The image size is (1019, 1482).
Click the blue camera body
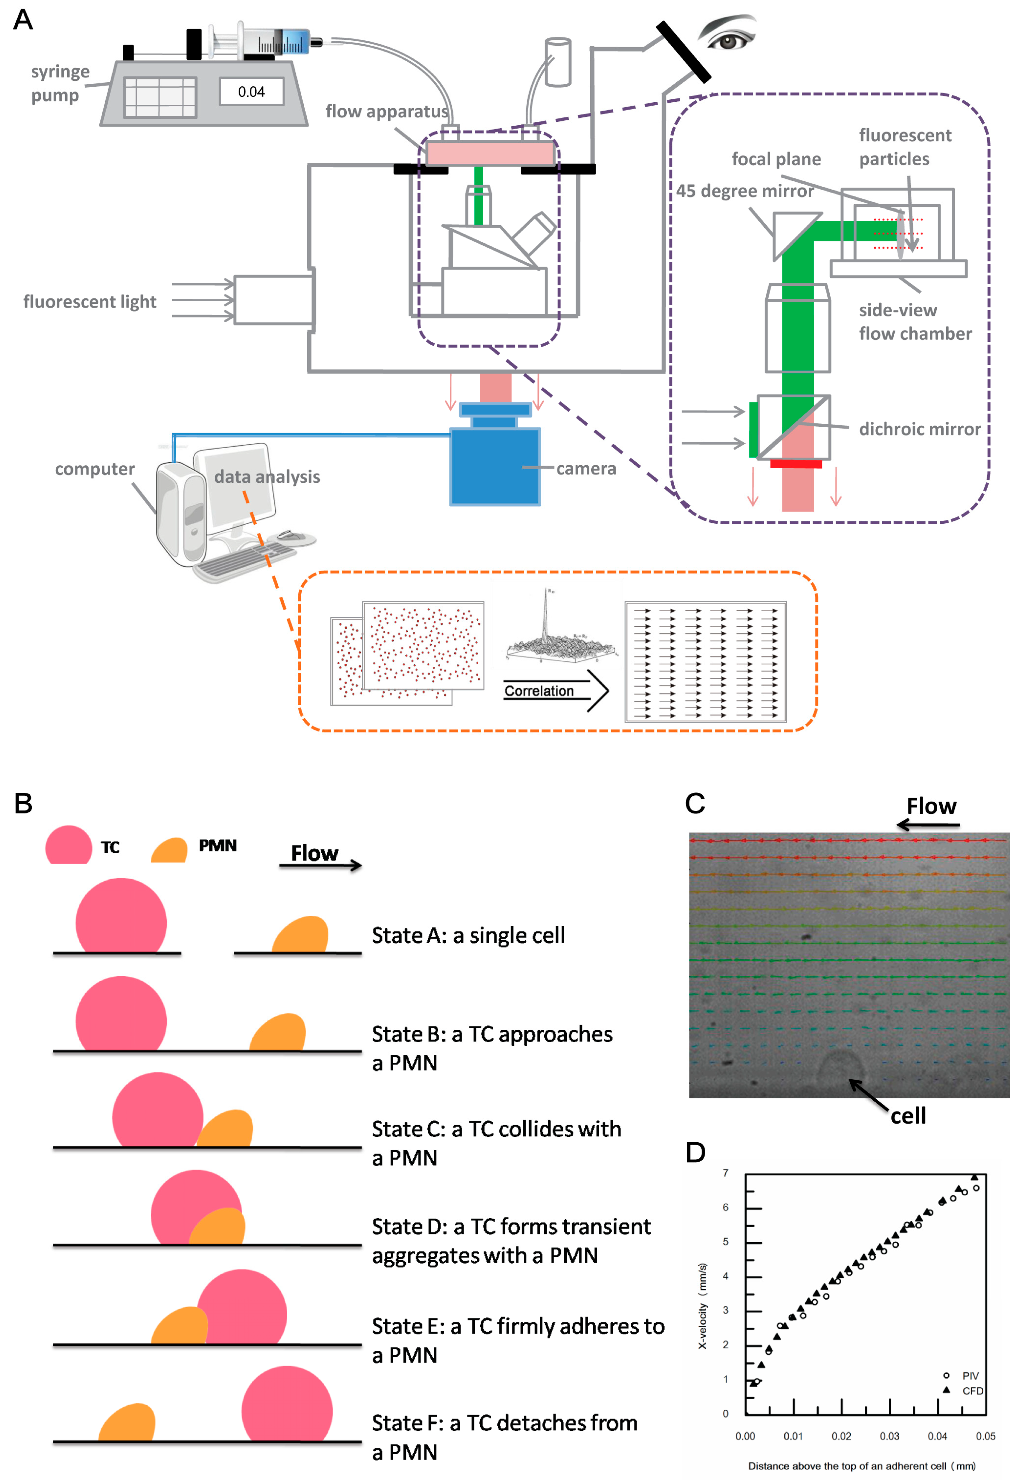click(495, 466)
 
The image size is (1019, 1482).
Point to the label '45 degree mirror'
click(744, 191)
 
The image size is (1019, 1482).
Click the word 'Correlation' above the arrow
click(539, 691)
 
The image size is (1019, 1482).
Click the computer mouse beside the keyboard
click(291, 535)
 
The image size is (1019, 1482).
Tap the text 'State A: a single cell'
click(468, 935)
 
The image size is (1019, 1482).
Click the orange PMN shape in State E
click(180, 1327)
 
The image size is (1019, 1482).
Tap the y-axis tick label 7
click(725, 1173)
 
